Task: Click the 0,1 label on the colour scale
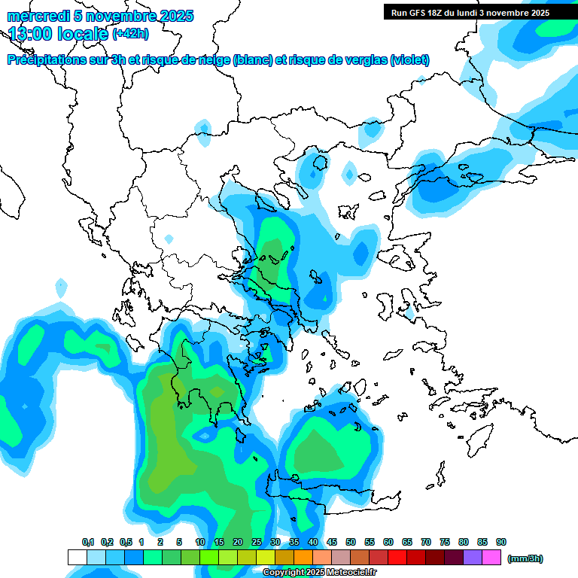click(88, 542)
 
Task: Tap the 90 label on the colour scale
click(501, 542)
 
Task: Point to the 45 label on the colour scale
click(332, 542)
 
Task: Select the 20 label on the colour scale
click(238, 542)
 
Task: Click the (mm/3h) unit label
click(525, 558)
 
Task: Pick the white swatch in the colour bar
click(77, 558)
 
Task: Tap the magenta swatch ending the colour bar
click(491, 558)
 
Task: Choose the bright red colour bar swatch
click(397, 558)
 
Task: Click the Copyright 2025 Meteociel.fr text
click(320, 573)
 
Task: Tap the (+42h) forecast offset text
click(130, 33)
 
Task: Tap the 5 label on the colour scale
click(179, 542)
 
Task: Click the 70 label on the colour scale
click(426, 542)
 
